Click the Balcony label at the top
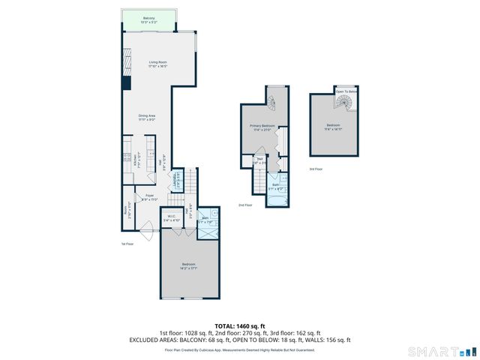(148, 19)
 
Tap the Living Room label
(157, 64)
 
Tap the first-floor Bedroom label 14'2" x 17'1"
(189, 265)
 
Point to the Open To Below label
(346, 91)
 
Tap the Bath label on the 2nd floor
(275, 186)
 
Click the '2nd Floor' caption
(245, 205)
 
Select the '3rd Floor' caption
(316, 169)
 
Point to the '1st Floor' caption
(128, 244)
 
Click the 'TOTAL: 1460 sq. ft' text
(239, 325)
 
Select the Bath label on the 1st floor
(204, 220)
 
